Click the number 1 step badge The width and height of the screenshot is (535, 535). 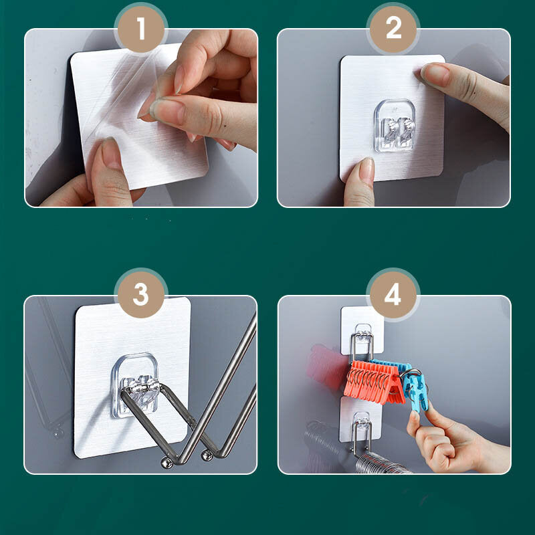pyautogui.click(x=141, y=29)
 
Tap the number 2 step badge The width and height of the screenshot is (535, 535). pyautogui.click(x=393, y=29)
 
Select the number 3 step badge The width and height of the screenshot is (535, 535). pyautogui.click(x=141, y=295)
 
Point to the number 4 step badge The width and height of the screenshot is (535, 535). pyautogui.click(x=393, y=295)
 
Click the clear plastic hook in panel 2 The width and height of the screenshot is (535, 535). pyautogui.click(x=395, y=126)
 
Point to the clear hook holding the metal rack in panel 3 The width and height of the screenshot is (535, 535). pyautogui.click(x=136, y=386)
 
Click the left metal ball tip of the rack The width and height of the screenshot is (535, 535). pyautogui.click(x=167, y=463)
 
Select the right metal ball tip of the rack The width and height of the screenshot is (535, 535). pyautogui.click(x=207, y=456)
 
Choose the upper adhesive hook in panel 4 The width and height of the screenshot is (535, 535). pyautogui.click(x=362, y=331)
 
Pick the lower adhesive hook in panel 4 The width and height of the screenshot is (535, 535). pyautogui.click(x=361, y=421)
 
